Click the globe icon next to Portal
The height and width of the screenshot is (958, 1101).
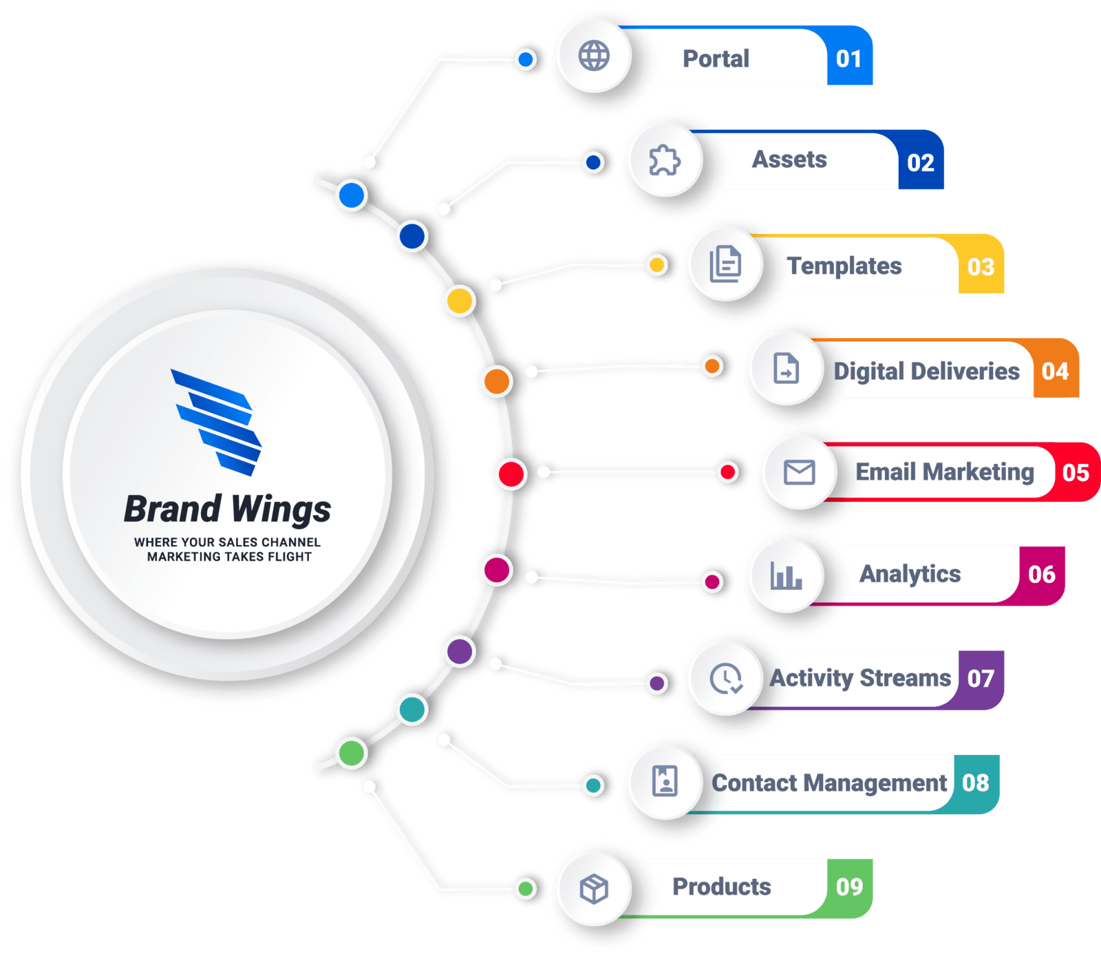click(594, 56)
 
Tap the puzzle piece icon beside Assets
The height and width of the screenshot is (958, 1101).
click(665, 160)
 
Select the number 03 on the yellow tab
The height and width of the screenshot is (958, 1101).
click(981, 266)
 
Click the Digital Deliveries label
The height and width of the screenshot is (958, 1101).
click(926, 372)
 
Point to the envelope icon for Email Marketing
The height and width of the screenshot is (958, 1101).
click(799, 472)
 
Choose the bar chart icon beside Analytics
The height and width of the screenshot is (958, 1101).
click(786, 575)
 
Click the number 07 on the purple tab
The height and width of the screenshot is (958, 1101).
click(981, 679)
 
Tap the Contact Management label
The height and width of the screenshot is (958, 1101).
click(829, 783)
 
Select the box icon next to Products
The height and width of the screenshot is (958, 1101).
click(594, 888)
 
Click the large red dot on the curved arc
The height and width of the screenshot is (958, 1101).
click(511, 474)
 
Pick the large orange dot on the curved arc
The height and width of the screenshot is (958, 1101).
click(497, 381)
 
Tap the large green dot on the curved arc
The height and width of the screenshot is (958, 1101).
click(352, 753)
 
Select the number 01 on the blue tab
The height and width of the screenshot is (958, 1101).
click(848, 59)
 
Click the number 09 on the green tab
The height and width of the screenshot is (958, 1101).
click(849, 886)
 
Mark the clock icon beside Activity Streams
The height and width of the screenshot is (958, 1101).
click(725, 679)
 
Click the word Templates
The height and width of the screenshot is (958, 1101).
click(844, 266)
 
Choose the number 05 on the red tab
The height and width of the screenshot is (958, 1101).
click(1075, 473)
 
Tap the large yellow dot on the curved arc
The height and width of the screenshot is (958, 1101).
click(459, 301)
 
